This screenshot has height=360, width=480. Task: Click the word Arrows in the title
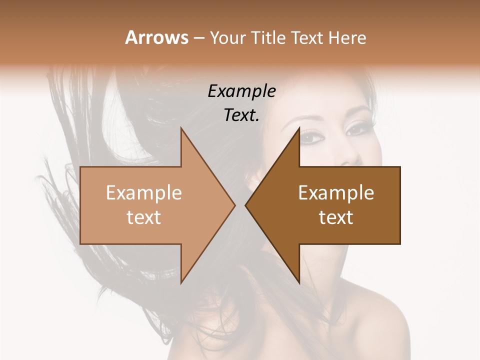point(156,37)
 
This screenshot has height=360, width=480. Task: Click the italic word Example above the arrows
point(241,91)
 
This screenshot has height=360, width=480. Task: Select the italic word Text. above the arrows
point(241,115)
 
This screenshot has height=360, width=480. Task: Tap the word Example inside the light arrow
point(144,193)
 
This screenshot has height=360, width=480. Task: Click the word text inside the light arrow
point(144,217)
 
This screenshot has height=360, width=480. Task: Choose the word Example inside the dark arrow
point(336,193)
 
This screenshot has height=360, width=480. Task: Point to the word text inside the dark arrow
point(336,217)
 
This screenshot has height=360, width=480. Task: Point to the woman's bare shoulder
point(380,320)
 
